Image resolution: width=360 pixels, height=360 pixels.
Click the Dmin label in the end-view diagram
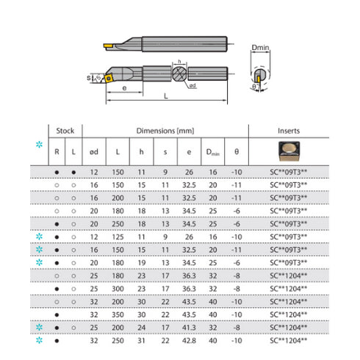pyautogui.click(x=261, y=48)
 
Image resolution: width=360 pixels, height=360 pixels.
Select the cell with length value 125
pyautogui.click(x=118, y=237)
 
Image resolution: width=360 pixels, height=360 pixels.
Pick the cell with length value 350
pyautogui.click(x=118, y=314)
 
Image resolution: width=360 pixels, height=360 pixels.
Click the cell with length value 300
pyautogui.click(x=118, y=288)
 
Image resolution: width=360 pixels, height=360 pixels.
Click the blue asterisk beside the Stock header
pyautogui.click(x=40, y=144)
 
